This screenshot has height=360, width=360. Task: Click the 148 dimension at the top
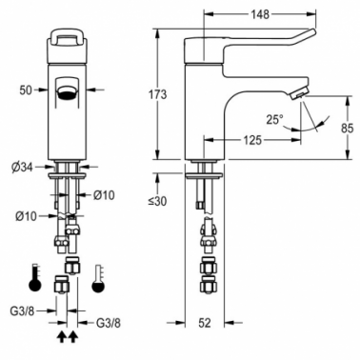260,14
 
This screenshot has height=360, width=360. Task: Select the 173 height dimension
157,94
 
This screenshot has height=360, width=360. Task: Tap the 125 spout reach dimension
252,140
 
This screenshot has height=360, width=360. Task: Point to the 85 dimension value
347,129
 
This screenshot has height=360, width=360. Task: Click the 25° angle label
274,120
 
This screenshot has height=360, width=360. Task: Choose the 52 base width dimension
205,323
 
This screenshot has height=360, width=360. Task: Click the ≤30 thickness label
157,201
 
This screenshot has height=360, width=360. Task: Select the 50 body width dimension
26,90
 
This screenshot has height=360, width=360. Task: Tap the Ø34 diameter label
23,168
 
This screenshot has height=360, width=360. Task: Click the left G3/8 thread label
22,311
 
